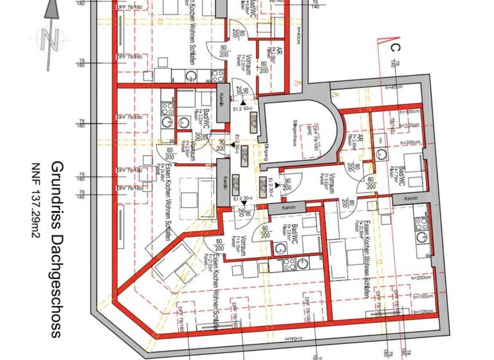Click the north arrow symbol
(x=50, y=29)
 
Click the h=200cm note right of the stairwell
(x=408, y=142)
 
